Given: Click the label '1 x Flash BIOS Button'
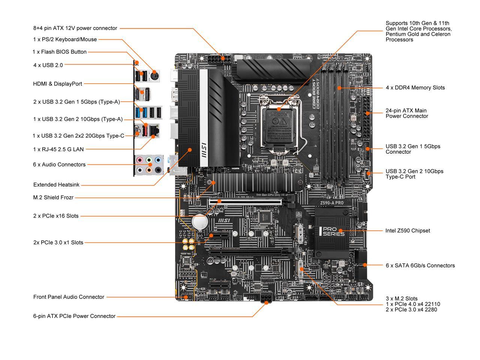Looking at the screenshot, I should pos(60,52).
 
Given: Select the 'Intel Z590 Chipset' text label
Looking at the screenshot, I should pos(408,231).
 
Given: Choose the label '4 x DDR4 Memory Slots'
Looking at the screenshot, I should pos(415,88).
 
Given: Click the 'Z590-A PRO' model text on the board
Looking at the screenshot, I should pos(331,203).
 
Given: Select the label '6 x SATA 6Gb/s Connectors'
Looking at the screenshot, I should pos(420,265).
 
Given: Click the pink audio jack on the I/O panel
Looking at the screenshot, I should pos(140,160).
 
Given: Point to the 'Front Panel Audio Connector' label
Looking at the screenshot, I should pos(69,297).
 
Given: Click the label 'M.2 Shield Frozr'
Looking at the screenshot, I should pos(53,197).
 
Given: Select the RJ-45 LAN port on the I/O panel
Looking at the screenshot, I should pos(154,130).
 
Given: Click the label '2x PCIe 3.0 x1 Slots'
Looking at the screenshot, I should pos(58,243).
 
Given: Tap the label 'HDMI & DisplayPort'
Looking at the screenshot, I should pos(57,84).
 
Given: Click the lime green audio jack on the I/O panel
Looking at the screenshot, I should pos(149,160).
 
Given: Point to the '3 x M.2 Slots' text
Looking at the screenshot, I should pos(402,299).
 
